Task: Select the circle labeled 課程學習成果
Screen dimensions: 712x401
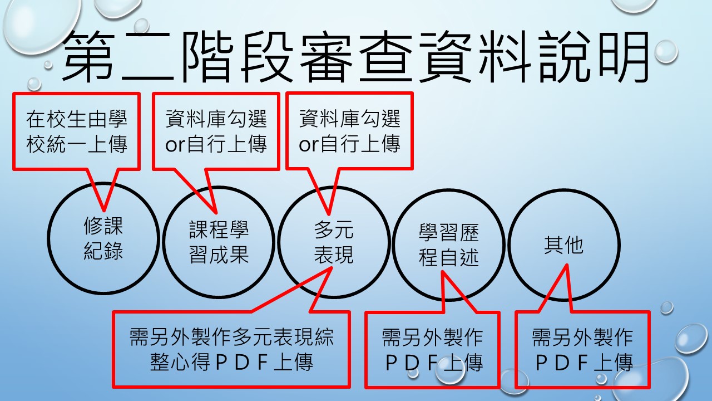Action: [x=164, y=242]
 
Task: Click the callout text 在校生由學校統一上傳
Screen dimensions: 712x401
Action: [x=77, y=131]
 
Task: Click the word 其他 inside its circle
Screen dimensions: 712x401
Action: [x=564, y=245]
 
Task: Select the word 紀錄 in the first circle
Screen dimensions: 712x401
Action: [x=103, y=251]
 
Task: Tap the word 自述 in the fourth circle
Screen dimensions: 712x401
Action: [x=459, y=257]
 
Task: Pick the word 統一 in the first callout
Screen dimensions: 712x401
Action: [x=66, y=144]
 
